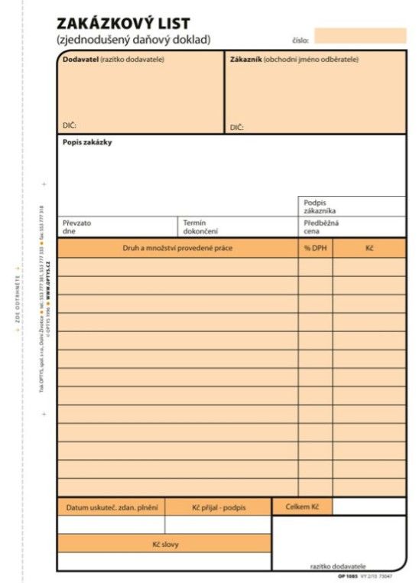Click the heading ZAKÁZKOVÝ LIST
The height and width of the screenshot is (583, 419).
click(x=123, y=24)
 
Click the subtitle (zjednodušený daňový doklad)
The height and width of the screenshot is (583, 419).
click(x=133, y=40)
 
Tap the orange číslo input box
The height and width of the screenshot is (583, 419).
click(x=360, y=35)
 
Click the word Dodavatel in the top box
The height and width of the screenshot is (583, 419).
click(x=80, y=60)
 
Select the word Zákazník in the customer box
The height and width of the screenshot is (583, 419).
click(x=245, y=60)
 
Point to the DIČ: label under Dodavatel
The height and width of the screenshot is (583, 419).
click(x=70, y=125)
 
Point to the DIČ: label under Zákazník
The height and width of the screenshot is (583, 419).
click(x=236, y=127)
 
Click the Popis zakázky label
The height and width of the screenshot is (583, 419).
click(x=87, y=142)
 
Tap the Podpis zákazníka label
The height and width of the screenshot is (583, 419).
click(x=320, y=207)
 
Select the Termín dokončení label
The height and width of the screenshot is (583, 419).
click(x=200, y=226)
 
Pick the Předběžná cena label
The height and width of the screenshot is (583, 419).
click(x=321, y=226)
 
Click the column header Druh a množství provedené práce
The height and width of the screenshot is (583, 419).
click(x=177, y=248)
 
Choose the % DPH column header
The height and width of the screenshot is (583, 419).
click(x=315, y=248)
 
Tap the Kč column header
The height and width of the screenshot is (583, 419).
click(x=369, y=248)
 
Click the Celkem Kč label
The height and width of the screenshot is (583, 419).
click(x=302, y=506)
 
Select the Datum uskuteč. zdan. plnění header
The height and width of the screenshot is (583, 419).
click(x=111, y=507)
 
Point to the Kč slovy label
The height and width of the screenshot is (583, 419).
click(x=164, y=544)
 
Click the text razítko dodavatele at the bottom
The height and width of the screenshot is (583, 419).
click(x=338, y=565)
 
